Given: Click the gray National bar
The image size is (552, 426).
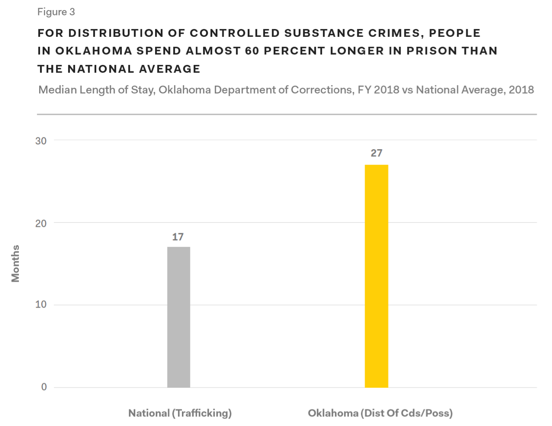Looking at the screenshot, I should click(178, 317).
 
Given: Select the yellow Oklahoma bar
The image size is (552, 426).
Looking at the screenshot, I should click(376, 276).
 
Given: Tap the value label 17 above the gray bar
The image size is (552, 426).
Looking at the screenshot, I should click(178, 237).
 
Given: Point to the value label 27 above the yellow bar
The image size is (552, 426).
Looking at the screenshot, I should click(376, 153).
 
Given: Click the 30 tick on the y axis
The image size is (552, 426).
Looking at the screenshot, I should click(41, 141).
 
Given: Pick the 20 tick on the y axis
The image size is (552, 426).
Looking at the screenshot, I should click(41, 223).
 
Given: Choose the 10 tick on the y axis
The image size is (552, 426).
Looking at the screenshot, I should click(41, 305).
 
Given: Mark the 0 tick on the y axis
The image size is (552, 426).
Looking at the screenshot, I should click(44, 387).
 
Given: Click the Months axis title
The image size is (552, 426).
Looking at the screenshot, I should click(16, 263).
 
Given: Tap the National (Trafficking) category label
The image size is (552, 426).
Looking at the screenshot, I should click(180, 413).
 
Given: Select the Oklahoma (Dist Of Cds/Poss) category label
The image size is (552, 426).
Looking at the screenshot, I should click(380, 413).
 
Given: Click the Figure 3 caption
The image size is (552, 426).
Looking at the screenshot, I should click(56, 12).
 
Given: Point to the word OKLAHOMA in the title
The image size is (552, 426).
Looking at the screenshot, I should click(93, 51).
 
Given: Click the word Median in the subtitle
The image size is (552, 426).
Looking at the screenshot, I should click(57, 90).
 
